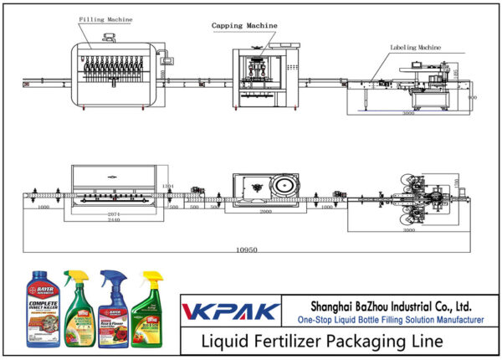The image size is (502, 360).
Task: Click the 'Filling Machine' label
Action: (106, 18)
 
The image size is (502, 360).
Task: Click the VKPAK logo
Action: (230, 311)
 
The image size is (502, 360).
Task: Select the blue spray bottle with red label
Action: (115, 310)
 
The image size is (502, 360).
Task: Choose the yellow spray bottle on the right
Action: (151, 310)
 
